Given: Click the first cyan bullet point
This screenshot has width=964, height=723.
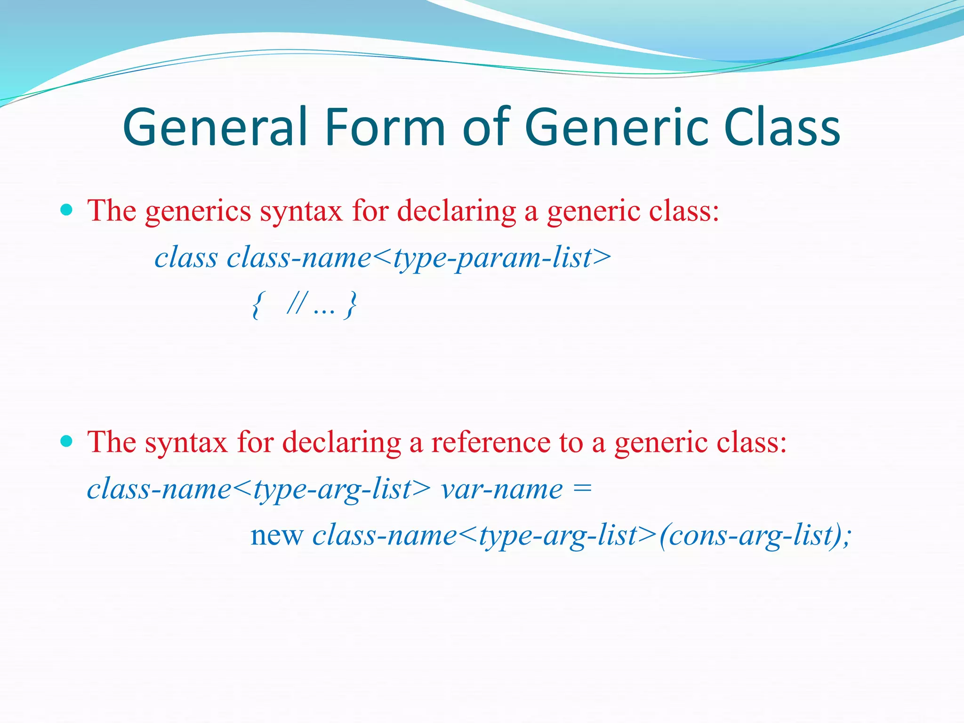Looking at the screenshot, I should (x=67, y=209).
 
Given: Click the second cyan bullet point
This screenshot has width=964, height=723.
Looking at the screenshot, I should (x=67, y=441).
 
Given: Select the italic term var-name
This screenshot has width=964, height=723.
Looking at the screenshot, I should (x=501, y=490).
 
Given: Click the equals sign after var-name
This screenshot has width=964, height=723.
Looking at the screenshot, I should (x=583, y=490).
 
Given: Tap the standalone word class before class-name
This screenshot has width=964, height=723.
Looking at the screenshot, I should (x=186, y=258).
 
